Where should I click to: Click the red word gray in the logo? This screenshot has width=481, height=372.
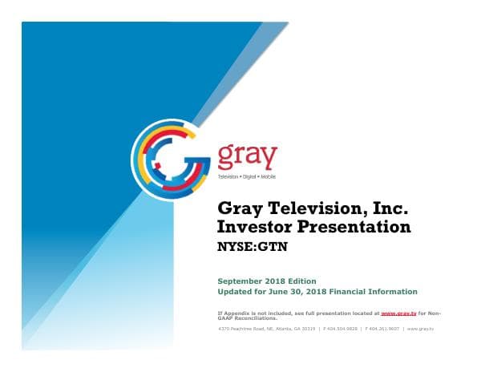(x=247, y=154)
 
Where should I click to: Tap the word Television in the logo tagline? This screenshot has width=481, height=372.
(x=228, y=176)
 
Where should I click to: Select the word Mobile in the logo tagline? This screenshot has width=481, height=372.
(x=268, y=176)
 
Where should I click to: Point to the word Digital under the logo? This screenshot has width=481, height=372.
(x=249, y=176)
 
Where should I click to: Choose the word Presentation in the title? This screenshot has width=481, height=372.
(x=354, y=228)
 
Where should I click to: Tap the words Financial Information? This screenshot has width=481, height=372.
(x=378, y=292)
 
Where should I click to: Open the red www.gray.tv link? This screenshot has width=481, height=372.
(x=398, y=312)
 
